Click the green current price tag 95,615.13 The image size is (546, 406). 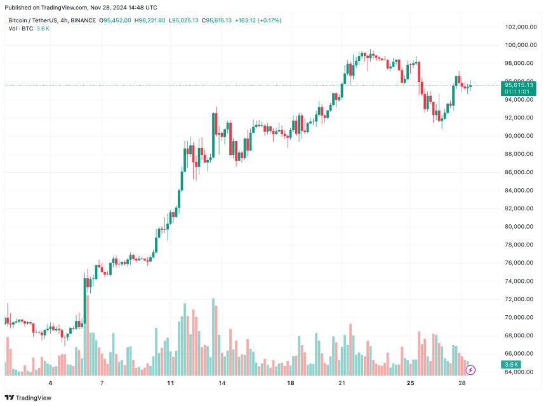[x=518, y=85]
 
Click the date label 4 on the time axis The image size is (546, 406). [x=50, y=384]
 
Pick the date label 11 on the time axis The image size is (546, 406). [x=170, y=384]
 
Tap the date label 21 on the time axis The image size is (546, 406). [x=342, y=384]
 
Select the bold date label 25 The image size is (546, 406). [x=411, y=384]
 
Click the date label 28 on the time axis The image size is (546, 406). [x=462, y=384]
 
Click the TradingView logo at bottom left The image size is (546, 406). [x=30, y=398]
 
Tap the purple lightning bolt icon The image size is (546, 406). [x=470, y=370]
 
